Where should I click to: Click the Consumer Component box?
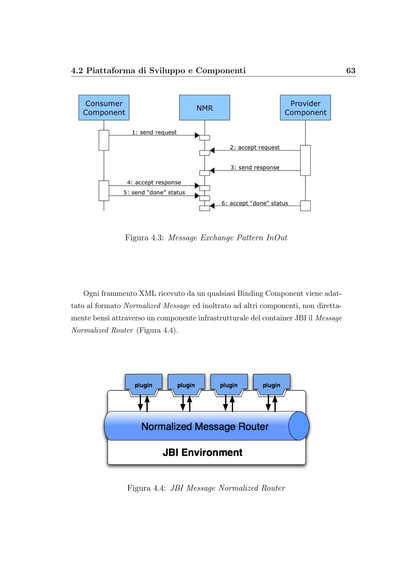[104, 108]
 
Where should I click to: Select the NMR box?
[204, 108]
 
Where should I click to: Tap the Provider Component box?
[305, 108]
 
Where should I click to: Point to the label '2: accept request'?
[255, 148]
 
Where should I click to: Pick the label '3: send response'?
[255, 167]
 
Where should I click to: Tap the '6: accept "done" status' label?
[255, 203]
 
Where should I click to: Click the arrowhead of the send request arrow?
[197, 135]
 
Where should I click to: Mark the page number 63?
[351, 71]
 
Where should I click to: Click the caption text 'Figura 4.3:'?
[144, 238]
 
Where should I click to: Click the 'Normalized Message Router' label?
[205, 426]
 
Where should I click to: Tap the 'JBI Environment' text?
[202, 453]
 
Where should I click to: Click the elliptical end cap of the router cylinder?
[298, 426]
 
